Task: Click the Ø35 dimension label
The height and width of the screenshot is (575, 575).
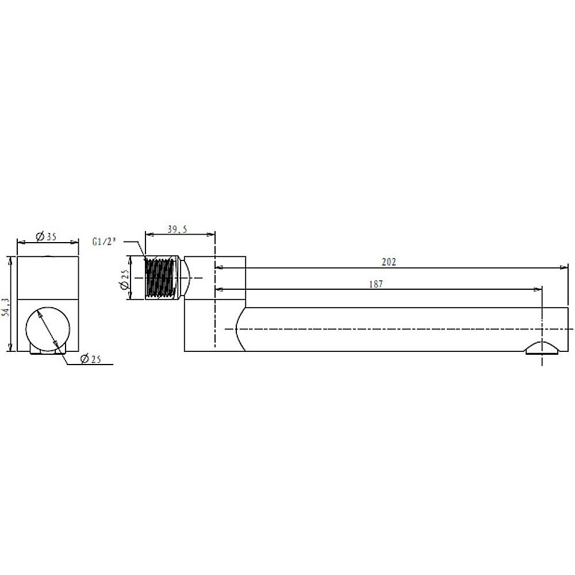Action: tap(45, 236)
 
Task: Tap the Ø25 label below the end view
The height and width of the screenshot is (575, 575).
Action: tap(90, 359)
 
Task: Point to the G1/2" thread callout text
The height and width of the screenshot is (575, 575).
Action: tap(104, 241)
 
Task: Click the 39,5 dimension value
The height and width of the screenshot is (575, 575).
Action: tap(178, 229)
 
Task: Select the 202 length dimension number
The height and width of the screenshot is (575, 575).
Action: tap(389, 262)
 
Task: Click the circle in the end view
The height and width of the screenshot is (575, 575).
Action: tap(48, 328)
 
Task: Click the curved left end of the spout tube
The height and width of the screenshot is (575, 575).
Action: tap(240, 328)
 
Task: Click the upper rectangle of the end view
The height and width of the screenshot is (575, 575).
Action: tap(48, 277)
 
